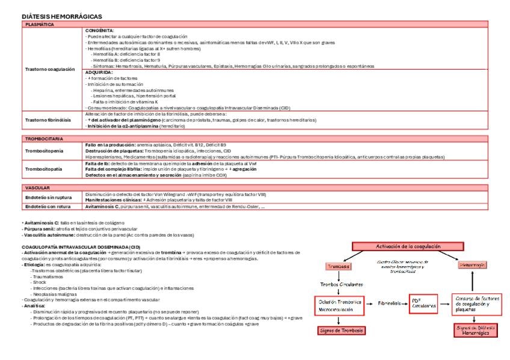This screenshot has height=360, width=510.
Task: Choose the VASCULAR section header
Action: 37,188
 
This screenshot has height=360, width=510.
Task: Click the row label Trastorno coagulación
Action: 49,69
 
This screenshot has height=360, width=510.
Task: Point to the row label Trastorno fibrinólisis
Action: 48,120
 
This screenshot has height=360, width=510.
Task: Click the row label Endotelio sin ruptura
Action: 47,197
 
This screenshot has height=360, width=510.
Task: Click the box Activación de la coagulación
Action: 408,246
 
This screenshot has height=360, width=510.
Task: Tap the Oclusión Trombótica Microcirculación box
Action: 339,305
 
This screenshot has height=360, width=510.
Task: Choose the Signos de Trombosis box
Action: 339,330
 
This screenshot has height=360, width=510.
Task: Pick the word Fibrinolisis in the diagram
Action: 390,304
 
